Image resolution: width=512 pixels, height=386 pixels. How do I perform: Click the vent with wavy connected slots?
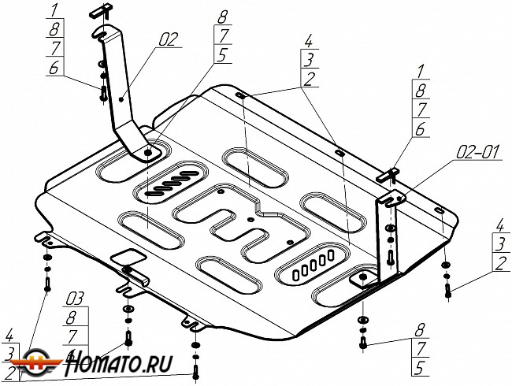coord(172,182)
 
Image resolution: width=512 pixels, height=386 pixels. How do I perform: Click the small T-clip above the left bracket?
coord(98,13)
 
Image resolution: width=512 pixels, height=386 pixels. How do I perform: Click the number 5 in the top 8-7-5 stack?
coord(222,55)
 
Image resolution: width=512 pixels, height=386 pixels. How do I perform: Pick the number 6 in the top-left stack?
coord(54,69)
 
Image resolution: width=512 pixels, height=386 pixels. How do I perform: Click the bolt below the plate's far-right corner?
coord(448,291)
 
